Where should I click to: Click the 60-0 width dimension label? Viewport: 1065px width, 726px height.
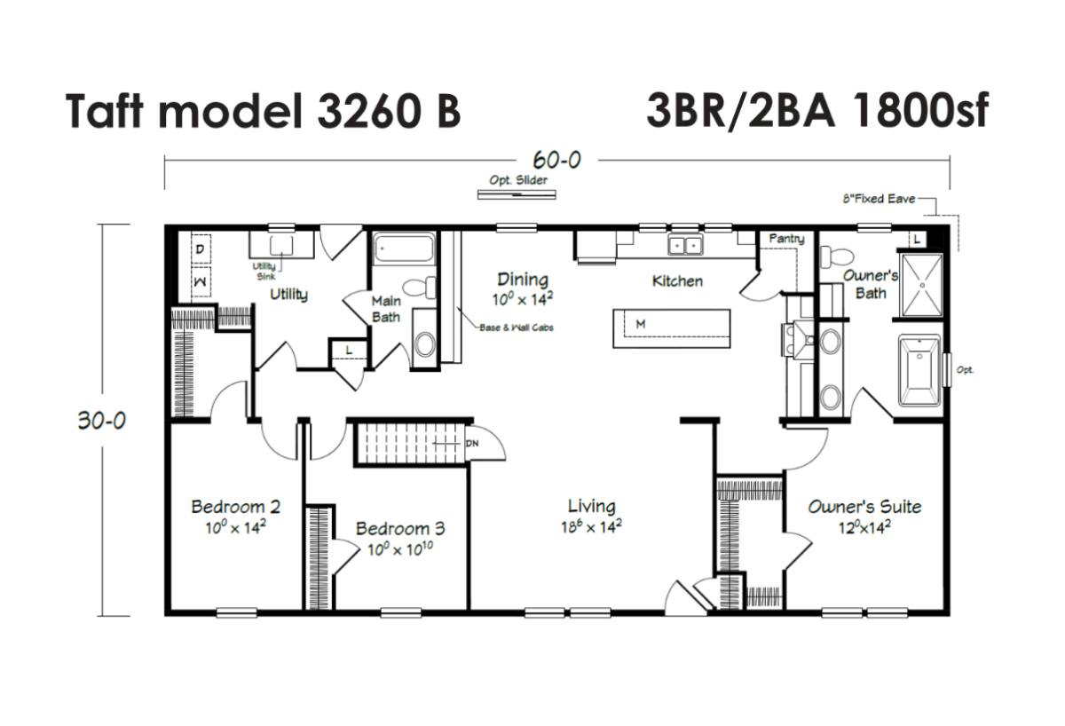[556, 160]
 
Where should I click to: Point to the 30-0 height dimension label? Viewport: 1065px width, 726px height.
[102, 421]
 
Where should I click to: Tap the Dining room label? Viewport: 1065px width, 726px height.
[523, 280]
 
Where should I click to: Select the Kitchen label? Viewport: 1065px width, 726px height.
[677, 281]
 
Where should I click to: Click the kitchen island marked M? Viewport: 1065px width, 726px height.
[671, 328]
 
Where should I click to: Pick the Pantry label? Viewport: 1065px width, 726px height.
[787, 239]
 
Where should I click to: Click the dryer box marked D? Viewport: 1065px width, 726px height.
[201, 249]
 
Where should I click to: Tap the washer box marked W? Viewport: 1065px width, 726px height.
[201, 282]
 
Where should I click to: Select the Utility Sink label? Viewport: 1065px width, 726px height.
[264, 271]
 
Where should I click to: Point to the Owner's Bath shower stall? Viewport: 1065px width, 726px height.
[922, 285]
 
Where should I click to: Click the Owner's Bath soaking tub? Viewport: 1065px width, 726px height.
[919, 371]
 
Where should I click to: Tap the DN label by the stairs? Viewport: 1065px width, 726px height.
[471, 444]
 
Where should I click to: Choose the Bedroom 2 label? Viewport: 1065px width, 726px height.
[235, 507]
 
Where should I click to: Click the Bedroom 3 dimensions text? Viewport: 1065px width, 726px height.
[400, 549]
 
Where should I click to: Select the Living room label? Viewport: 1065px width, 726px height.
[591, 506]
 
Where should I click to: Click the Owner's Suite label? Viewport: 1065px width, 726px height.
[864, 507]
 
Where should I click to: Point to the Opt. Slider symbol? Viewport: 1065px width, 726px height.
[517, 194]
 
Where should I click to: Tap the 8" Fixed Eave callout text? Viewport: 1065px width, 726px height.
[880, 199]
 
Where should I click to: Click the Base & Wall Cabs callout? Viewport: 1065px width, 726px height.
[517, 327]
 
